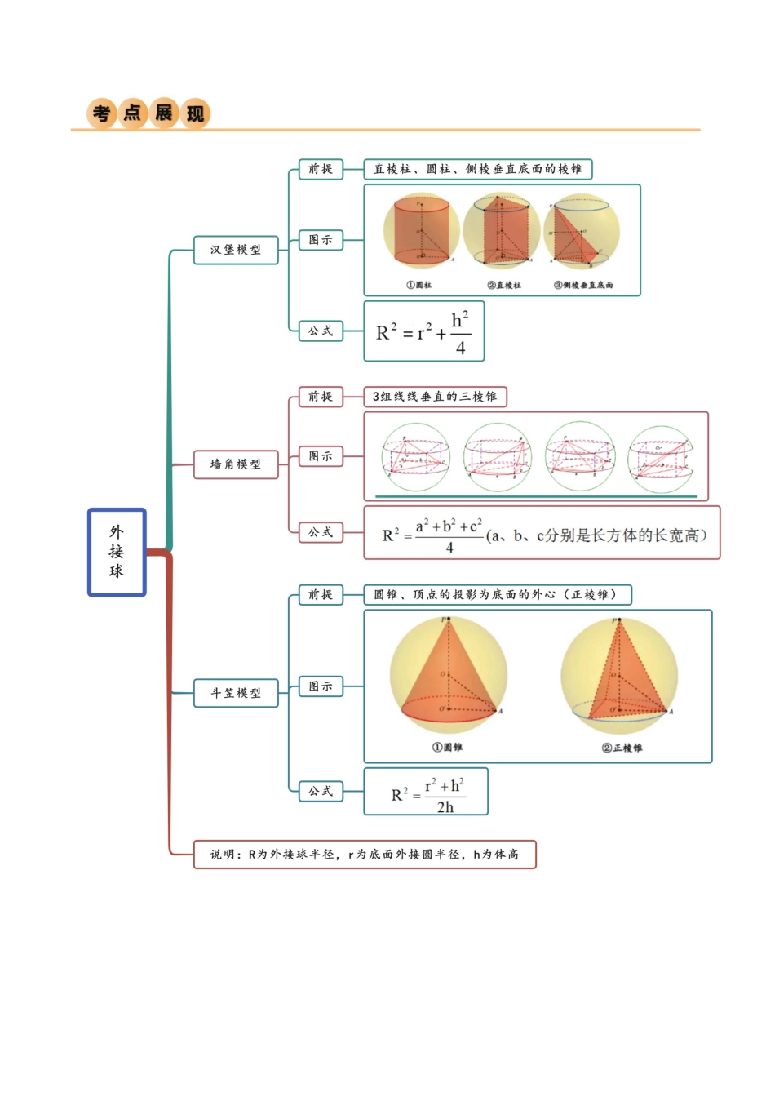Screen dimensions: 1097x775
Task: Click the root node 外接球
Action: pyautogui.click(x=117, y=553)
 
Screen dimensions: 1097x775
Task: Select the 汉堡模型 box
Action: pyautogui.click(x=236, y=250)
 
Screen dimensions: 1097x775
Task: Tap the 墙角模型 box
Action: pyautogui.click(x=236, y=464)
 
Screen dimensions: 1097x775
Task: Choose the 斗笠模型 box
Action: pyautogui.click(x=236, y=693)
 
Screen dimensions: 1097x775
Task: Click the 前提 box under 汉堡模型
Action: pyautogui.click(x=320, y=169)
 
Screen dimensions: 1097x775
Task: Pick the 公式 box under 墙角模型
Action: pyautogui.click(x=320, y=532)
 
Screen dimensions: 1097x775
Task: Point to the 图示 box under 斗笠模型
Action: pyautogui.click(x=320, y=686)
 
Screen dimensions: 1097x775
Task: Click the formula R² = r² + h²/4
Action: pyautogui.click(x=423, y=331)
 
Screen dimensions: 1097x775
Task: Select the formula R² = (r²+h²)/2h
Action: pyautogui.click(x=426, y=792)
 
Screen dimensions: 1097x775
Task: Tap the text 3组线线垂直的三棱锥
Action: pyautogui.click(x=435, y=397)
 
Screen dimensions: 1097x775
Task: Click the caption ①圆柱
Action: pyautogui.click(x=419, y=285)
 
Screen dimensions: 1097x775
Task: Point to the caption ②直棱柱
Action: pyautogui.click(x=503, y=285)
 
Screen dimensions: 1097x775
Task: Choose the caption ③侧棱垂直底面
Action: pyautogui.click(x=583, y=285)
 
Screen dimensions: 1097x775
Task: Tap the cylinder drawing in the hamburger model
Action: pyautogui.click(x=421, y=232)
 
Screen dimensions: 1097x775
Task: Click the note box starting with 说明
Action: pyautogui.click(x=365, y=855)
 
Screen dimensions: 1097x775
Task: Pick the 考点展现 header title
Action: pyautogui.click(x=148, y=113)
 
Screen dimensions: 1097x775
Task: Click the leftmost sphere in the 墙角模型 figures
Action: pyautogui.click(x=416, y=457)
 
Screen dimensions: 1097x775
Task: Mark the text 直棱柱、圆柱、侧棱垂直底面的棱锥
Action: pyautogui.click(x=478, y=169)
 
